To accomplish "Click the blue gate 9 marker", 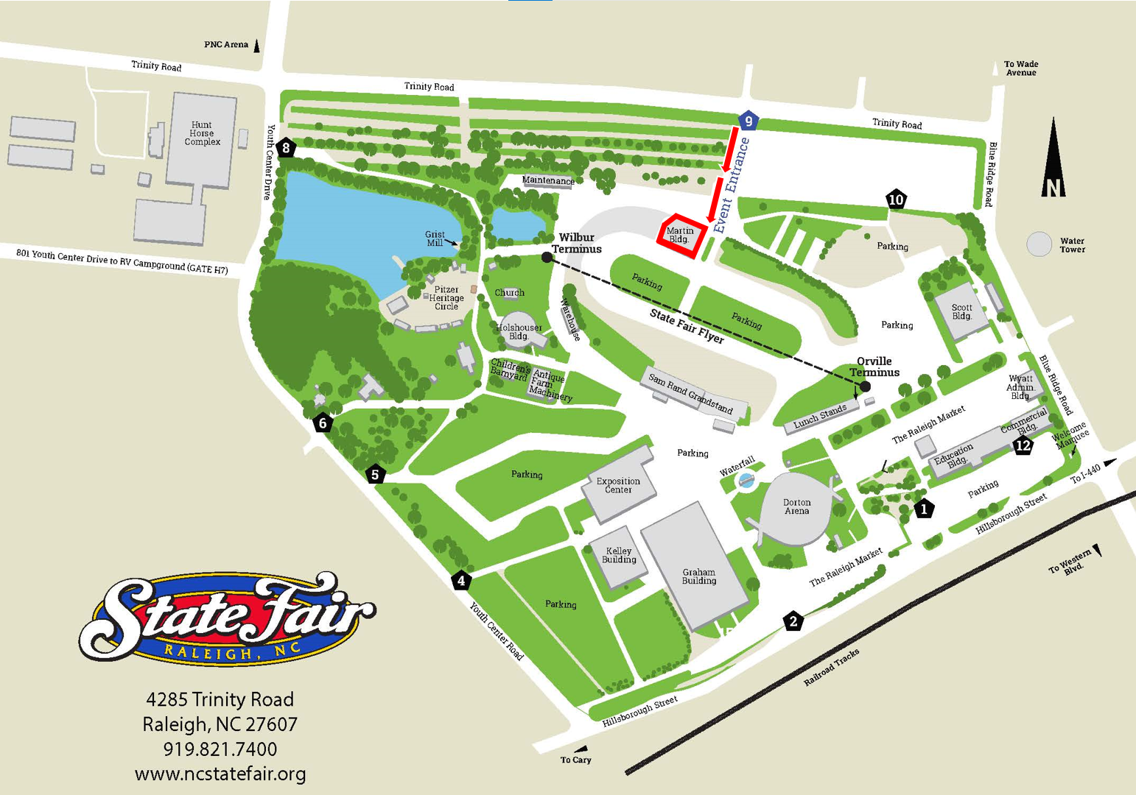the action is click(748, 121).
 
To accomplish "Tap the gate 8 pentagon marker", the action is click(286, 148).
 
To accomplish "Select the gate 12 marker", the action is click(1023, 445).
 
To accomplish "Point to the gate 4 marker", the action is click(461, 581).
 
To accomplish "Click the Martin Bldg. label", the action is click(679, 236).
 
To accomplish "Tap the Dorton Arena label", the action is click(796, 506).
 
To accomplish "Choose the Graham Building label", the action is click(698, 576).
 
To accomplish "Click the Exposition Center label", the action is click(618, 485).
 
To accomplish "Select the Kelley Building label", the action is click(619, 555).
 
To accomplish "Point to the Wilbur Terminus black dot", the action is click(547, 258).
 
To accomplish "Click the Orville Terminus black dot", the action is click(866, 386).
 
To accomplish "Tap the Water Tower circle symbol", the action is click(1039, 244).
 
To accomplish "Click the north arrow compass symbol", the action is click(1053, 158).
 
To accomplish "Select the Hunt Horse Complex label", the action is click(202, 133).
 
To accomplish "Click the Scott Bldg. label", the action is click(961, 312).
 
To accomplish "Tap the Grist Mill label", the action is click(435, 239).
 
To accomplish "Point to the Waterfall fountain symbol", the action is click(746, 481).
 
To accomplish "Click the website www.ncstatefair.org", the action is click(220, 774).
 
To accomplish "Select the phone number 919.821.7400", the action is click(220, 749).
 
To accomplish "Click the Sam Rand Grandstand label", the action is click(690, 393).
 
